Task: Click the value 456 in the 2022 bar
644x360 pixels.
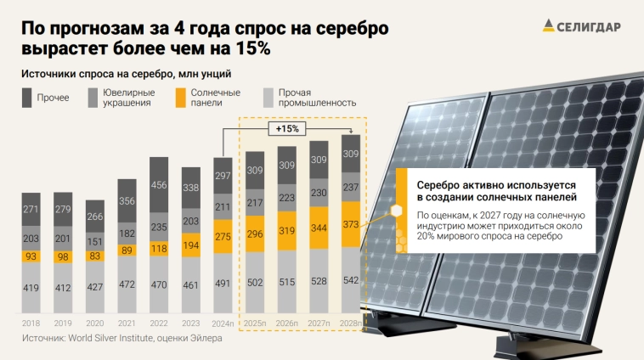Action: tap(159, 184)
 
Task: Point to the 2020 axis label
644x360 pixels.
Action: tap(95, 323)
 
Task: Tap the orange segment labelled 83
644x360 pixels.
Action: tap(95, 256)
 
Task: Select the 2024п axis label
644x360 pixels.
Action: tap(223, 323)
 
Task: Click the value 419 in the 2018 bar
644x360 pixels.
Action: tap(31, 288)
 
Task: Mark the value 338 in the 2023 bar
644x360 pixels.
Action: tap(191, 188)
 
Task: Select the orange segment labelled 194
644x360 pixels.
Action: tap(191, 245)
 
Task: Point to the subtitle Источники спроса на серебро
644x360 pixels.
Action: tap(126, 75)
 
